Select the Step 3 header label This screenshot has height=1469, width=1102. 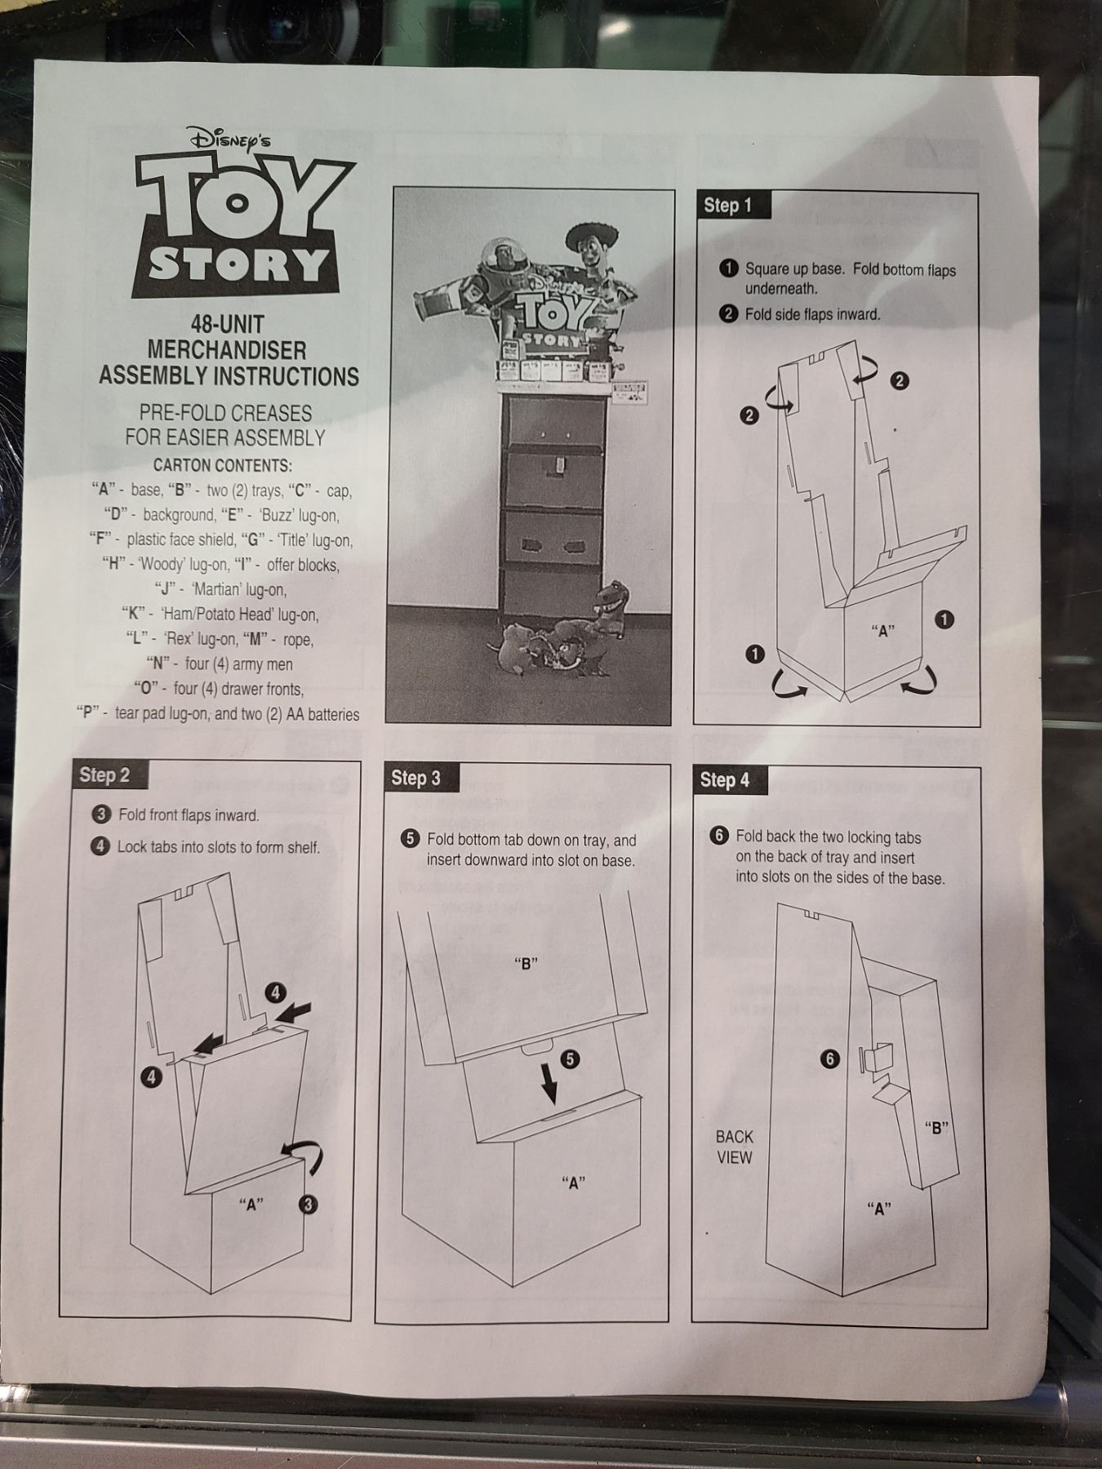pos(416,778)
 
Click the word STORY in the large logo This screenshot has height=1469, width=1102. pos(237,264)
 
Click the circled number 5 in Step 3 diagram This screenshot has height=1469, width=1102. pos(570,1059)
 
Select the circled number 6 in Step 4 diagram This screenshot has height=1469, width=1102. pos(830,1059)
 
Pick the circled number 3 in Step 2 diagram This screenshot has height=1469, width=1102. pos(308,1204)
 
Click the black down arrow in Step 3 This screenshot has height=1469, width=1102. pos(549,1081)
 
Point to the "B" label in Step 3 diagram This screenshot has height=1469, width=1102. pos(526,963)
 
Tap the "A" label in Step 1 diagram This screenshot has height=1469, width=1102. pos(882,630)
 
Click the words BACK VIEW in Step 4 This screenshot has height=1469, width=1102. pos(735,1147)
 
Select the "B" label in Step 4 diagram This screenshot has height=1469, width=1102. pos(937,1129)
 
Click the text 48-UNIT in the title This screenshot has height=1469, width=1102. pos(222,324)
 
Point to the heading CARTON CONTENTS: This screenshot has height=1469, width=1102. pos(223,466)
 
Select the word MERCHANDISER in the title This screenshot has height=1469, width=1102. pos(227,350)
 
